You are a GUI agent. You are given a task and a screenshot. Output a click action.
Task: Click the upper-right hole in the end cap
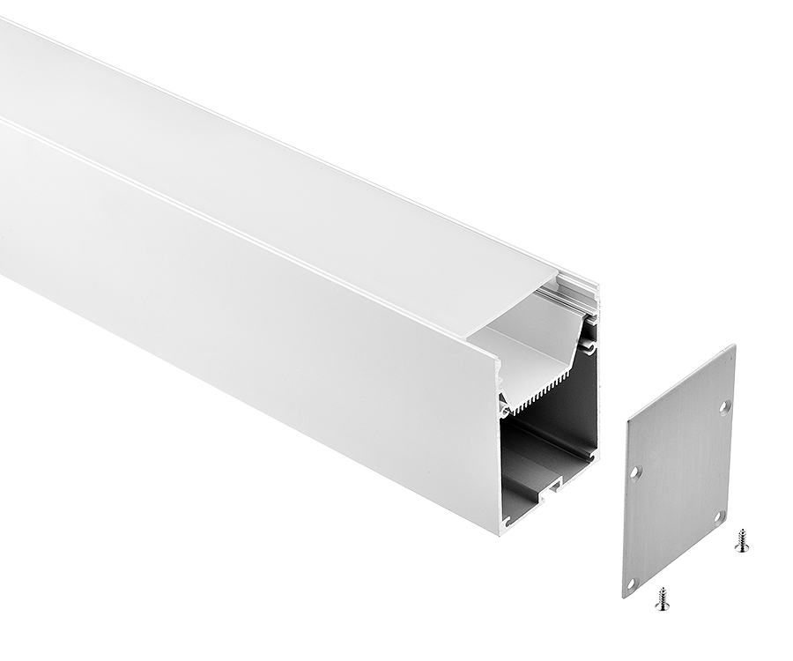(724, 406)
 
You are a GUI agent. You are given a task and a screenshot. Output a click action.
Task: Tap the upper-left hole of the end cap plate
(635, 472)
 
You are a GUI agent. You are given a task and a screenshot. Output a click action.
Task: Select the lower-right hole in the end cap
(718, 516)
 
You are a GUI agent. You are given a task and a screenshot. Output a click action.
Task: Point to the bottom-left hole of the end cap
(631, 582)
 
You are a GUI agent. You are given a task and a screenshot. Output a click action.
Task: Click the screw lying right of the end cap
(742, 540)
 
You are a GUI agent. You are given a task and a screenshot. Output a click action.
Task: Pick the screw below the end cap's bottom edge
(662, 599)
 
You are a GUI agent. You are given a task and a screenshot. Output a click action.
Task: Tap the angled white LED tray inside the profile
(533, 344)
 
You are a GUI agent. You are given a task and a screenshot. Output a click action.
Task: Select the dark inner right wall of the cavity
(583, 405)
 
